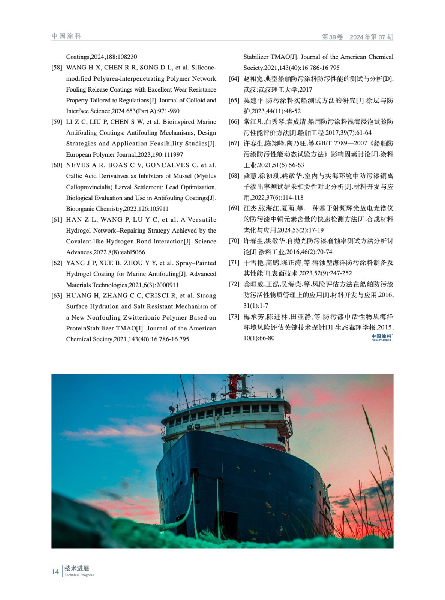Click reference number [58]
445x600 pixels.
pos(57,67)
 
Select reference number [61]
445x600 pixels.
pos(57,220)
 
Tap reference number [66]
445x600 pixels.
pos(234,122)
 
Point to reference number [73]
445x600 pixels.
pos(234,316)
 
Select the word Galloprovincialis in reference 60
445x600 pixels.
pos(90,187)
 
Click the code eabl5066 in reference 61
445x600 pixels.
pos(133,252)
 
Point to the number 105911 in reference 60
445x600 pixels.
pos(159,209)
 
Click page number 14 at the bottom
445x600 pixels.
pos(55,572)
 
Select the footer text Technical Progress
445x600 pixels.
pos(79,575)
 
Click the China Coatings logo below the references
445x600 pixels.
pos(381,337)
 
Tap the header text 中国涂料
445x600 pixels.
pos(66,36)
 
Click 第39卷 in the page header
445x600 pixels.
pos(332,37)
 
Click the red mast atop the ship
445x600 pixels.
pos(234,384)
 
